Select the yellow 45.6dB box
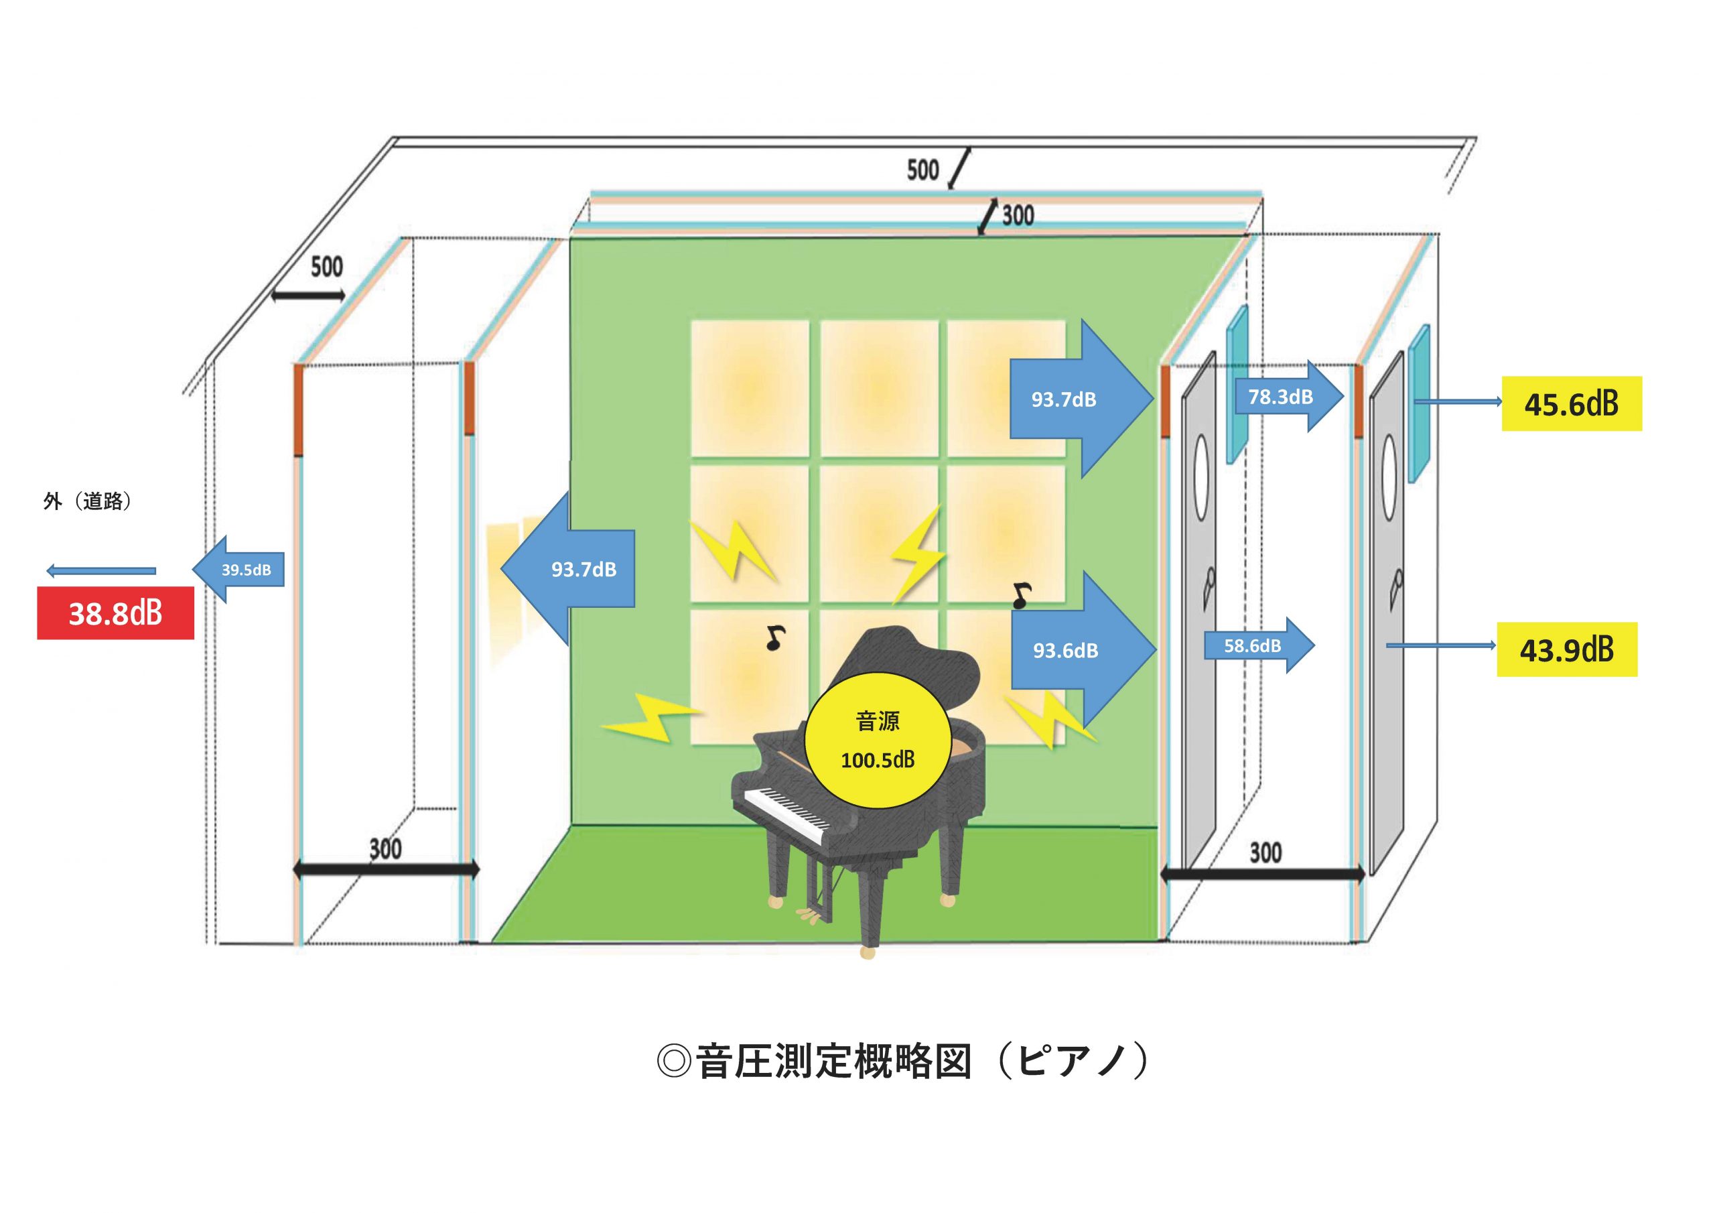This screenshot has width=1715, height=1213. [1572, 403]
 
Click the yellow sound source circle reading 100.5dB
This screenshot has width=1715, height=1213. [878, 741]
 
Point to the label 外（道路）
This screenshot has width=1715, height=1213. [88, 501]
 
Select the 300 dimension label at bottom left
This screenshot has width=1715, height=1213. [385, 849]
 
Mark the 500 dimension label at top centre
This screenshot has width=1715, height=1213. [922, 170]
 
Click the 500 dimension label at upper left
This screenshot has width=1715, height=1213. [326, 267]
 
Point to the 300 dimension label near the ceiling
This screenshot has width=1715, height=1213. [1018, 215]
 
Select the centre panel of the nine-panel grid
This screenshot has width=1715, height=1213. [879, 533]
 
